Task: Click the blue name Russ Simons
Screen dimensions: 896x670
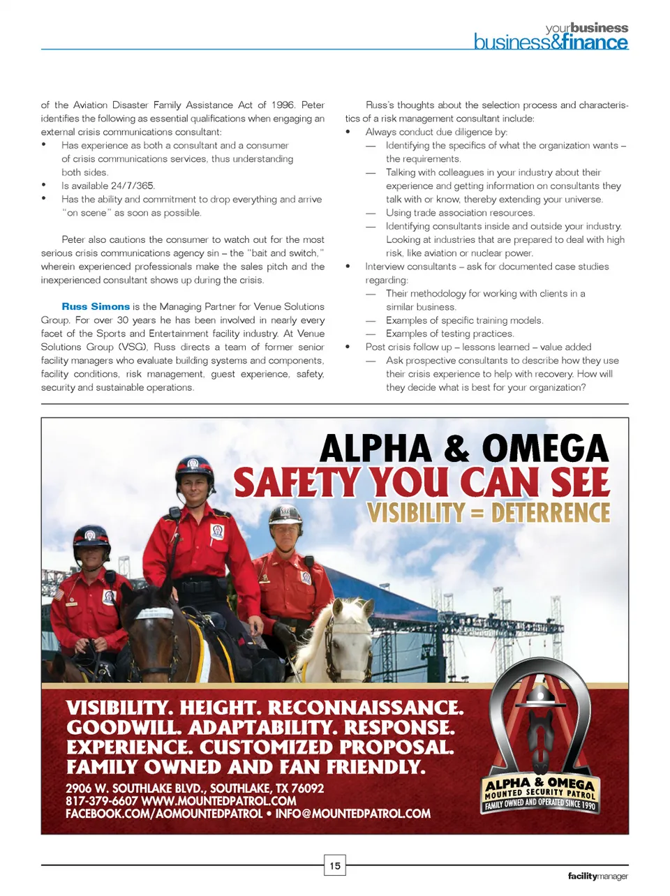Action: click(96, 306)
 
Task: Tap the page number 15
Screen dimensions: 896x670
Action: click(335, 865)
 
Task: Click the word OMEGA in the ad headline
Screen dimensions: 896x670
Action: click(545, 449)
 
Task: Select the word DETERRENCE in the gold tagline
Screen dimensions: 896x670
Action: click(550, 513)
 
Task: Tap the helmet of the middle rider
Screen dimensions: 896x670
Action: click(194, 469)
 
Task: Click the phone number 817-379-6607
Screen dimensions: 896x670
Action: click(101, 801)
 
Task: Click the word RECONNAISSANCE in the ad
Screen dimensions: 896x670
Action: click(366, 708)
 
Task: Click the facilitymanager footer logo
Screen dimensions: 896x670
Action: click(597, 876)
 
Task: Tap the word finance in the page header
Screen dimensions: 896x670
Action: click(595, 43)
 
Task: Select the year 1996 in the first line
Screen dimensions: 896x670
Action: click(283, 105)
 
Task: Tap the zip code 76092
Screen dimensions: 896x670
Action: click(307, 789)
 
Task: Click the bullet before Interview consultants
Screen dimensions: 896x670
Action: click(348, 267)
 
